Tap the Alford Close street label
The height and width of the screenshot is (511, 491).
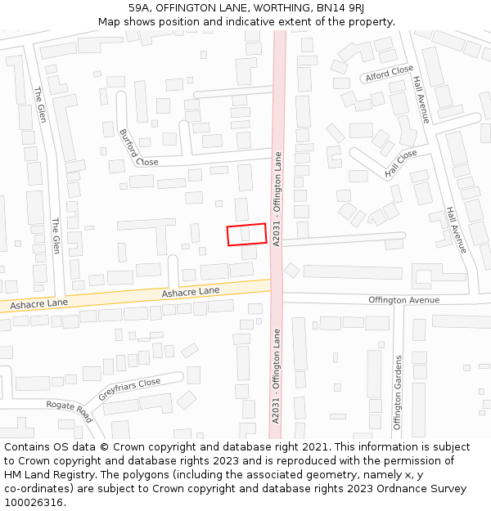coord(389,72)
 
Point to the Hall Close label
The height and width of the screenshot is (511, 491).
coord(401,164)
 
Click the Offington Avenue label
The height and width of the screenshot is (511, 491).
coord(403,300)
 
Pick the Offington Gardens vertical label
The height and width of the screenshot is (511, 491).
coord(398,392)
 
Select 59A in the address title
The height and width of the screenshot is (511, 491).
coord(139,8)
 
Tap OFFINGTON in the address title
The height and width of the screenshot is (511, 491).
coord(187,8)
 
